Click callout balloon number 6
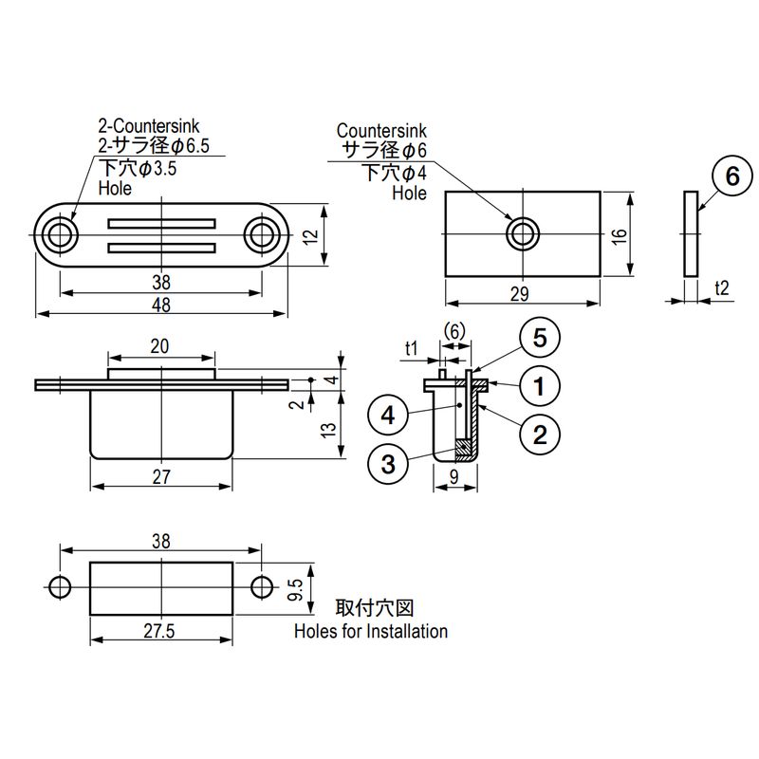[732, 176]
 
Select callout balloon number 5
[540, 339]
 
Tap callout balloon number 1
[540, 386]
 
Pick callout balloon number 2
[540, 435]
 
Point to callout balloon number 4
[387, 416]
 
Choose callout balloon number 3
[387, 465]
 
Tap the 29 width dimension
[519, 295]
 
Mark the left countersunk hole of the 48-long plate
[61, 233]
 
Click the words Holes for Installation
[371, 631]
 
